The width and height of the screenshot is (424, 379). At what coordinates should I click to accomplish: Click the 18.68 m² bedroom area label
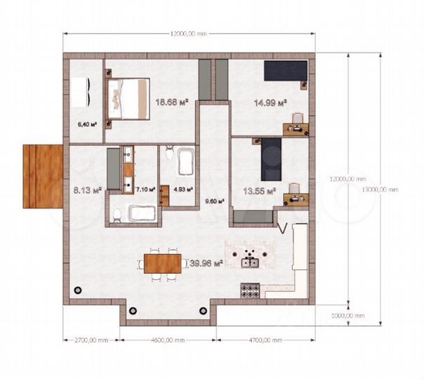172,102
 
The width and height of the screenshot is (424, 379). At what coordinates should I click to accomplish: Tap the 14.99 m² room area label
270,103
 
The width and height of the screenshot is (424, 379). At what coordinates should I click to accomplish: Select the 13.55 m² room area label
259,189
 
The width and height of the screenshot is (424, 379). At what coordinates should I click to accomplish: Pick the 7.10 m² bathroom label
146,189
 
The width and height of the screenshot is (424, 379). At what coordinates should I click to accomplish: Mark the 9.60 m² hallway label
214,201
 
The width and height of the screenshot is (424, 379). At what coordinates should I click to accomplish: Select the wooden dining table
163,262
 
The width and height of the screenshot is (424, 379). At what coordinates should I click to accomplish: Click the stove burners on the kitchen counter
250,288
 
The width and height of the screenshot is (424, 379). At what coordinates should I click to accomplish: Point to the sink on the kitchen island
251,263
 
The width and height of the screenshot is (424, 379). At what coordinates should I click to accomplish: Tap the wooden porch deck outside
41,176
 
